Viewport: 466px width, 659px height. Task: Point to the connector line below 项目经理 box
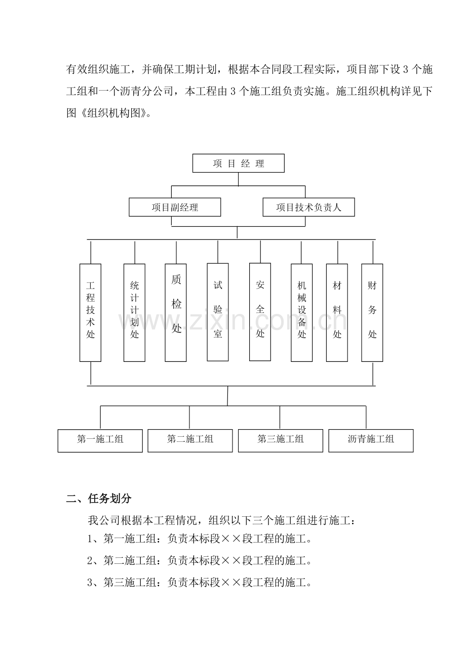click(238, 179)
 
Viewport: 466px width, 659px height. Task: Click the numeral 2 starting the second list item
click(90, 561)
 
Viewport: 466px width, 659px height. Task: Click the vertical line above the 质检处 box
click(176, 253)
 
